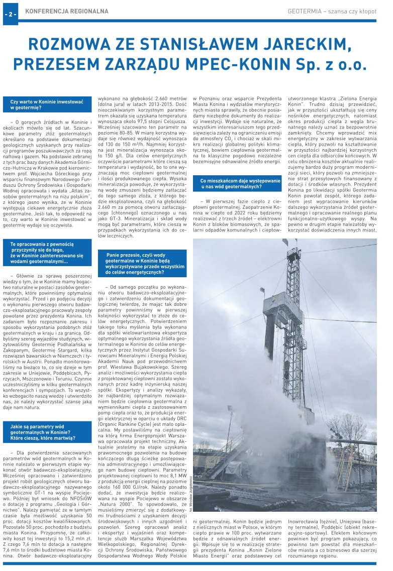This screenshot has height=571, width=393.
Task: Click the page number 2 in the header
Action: point(11,13)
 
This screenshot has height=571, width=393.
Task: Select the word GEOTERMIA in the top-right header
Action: point(306,11)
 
